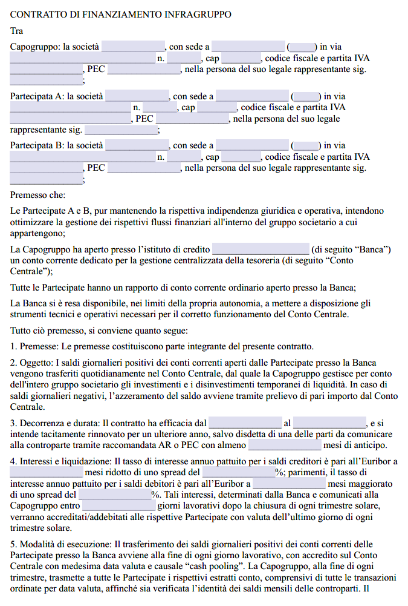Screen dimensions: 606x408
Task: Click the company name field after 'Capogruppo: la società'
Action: [x=133, y=47]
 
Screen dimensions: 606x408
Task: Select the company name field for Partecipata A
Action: [x=137, y=96]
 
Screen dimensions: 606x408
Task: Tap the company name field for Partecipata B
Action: [x=137, y=146]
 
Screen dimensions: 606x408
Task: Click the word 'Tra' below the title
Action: [x=17, y=31]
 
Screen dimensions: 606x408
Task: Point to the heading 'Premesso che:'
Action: [x=37, y=195]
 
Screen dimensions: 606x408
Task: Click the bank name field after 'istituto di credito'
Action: [x=260, y=249]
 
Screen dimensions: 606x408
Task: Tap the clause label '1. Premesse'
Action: [x=34, y=347]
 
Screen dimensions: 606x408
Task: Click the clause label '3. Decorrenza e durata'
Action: [x=54, y=423]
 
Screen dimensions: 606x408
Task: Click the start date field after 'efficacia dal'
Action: [x=245, y=423]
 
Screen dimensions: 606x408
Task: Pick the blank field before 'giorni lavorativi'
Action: [x=118, y=506]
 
